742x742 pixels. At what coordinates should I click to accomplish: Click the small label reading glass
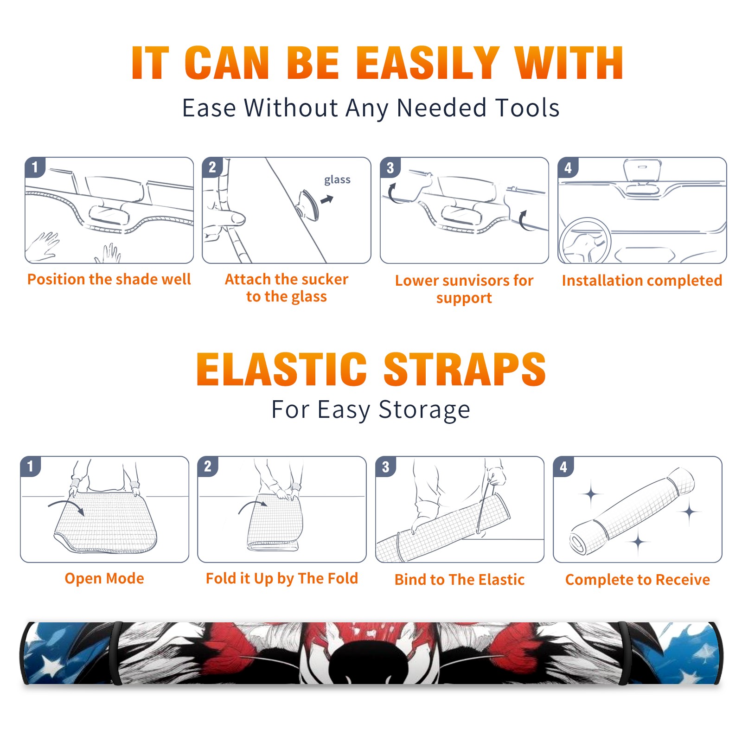(x=337, y=180)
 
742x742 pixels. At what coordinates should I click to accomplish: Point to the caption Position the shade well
(x=109, y=279)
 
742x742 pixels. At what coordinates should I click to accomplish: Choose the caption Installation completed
(x=642, y=281)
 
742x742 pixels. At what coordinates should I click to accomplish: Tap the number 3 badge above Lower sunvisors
(x=390, y=167)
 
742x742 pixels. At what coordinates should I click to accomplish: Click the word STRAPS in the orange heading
(x=465, y=369)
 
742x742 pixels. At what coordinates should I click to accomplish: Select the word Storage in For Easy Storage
(x=424, y=410)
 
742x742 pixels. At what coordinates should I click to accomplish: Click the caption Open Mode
(x=104, y=578)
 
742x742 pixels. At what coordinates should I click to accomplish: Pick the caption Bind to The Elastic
(x=460, y=580)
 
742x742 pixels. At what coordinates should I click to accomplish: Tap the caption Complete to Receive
(x=638, y=580)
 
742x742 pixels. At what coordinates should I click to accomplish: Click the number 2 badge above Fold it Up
(x=208, y=466)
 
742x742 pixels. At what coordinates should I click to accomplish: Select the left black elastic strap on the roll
(x=116, y=653)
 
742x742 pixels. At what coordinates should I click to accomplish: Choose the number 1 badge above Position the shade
(x=35, y=167)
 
